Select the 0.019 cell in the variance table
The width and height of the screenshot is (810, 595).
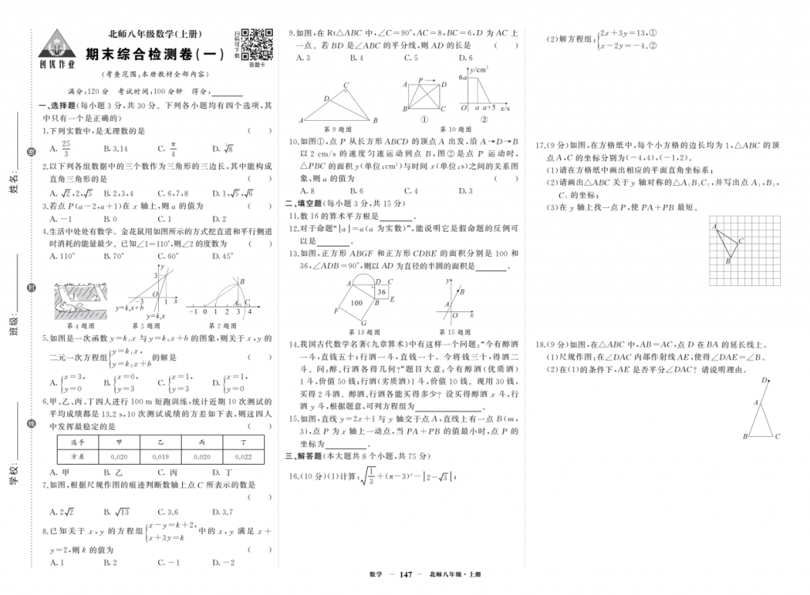point(161,456)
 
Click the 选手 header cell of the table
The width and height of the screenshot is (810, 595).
point(78,442)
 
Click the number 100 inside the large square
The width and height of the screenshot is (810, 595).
point(357,303)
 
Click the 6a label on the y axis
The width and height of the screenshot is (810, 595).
point(464,79)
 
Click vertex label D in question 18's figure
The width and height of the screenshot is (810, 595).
point(763,381)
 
